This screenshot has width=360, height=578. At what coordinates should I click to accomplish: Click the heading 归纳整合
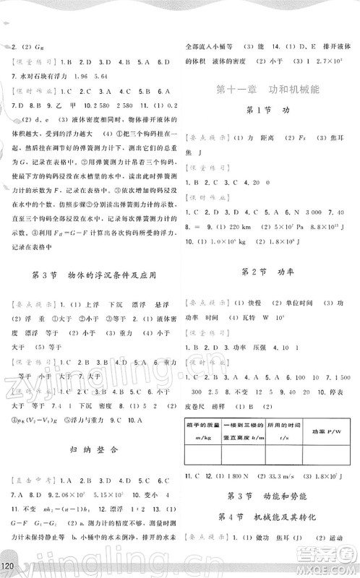[x=90, y=448]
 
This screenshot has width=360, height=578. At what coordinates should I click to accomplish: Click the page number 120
[x=10, y=564]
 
